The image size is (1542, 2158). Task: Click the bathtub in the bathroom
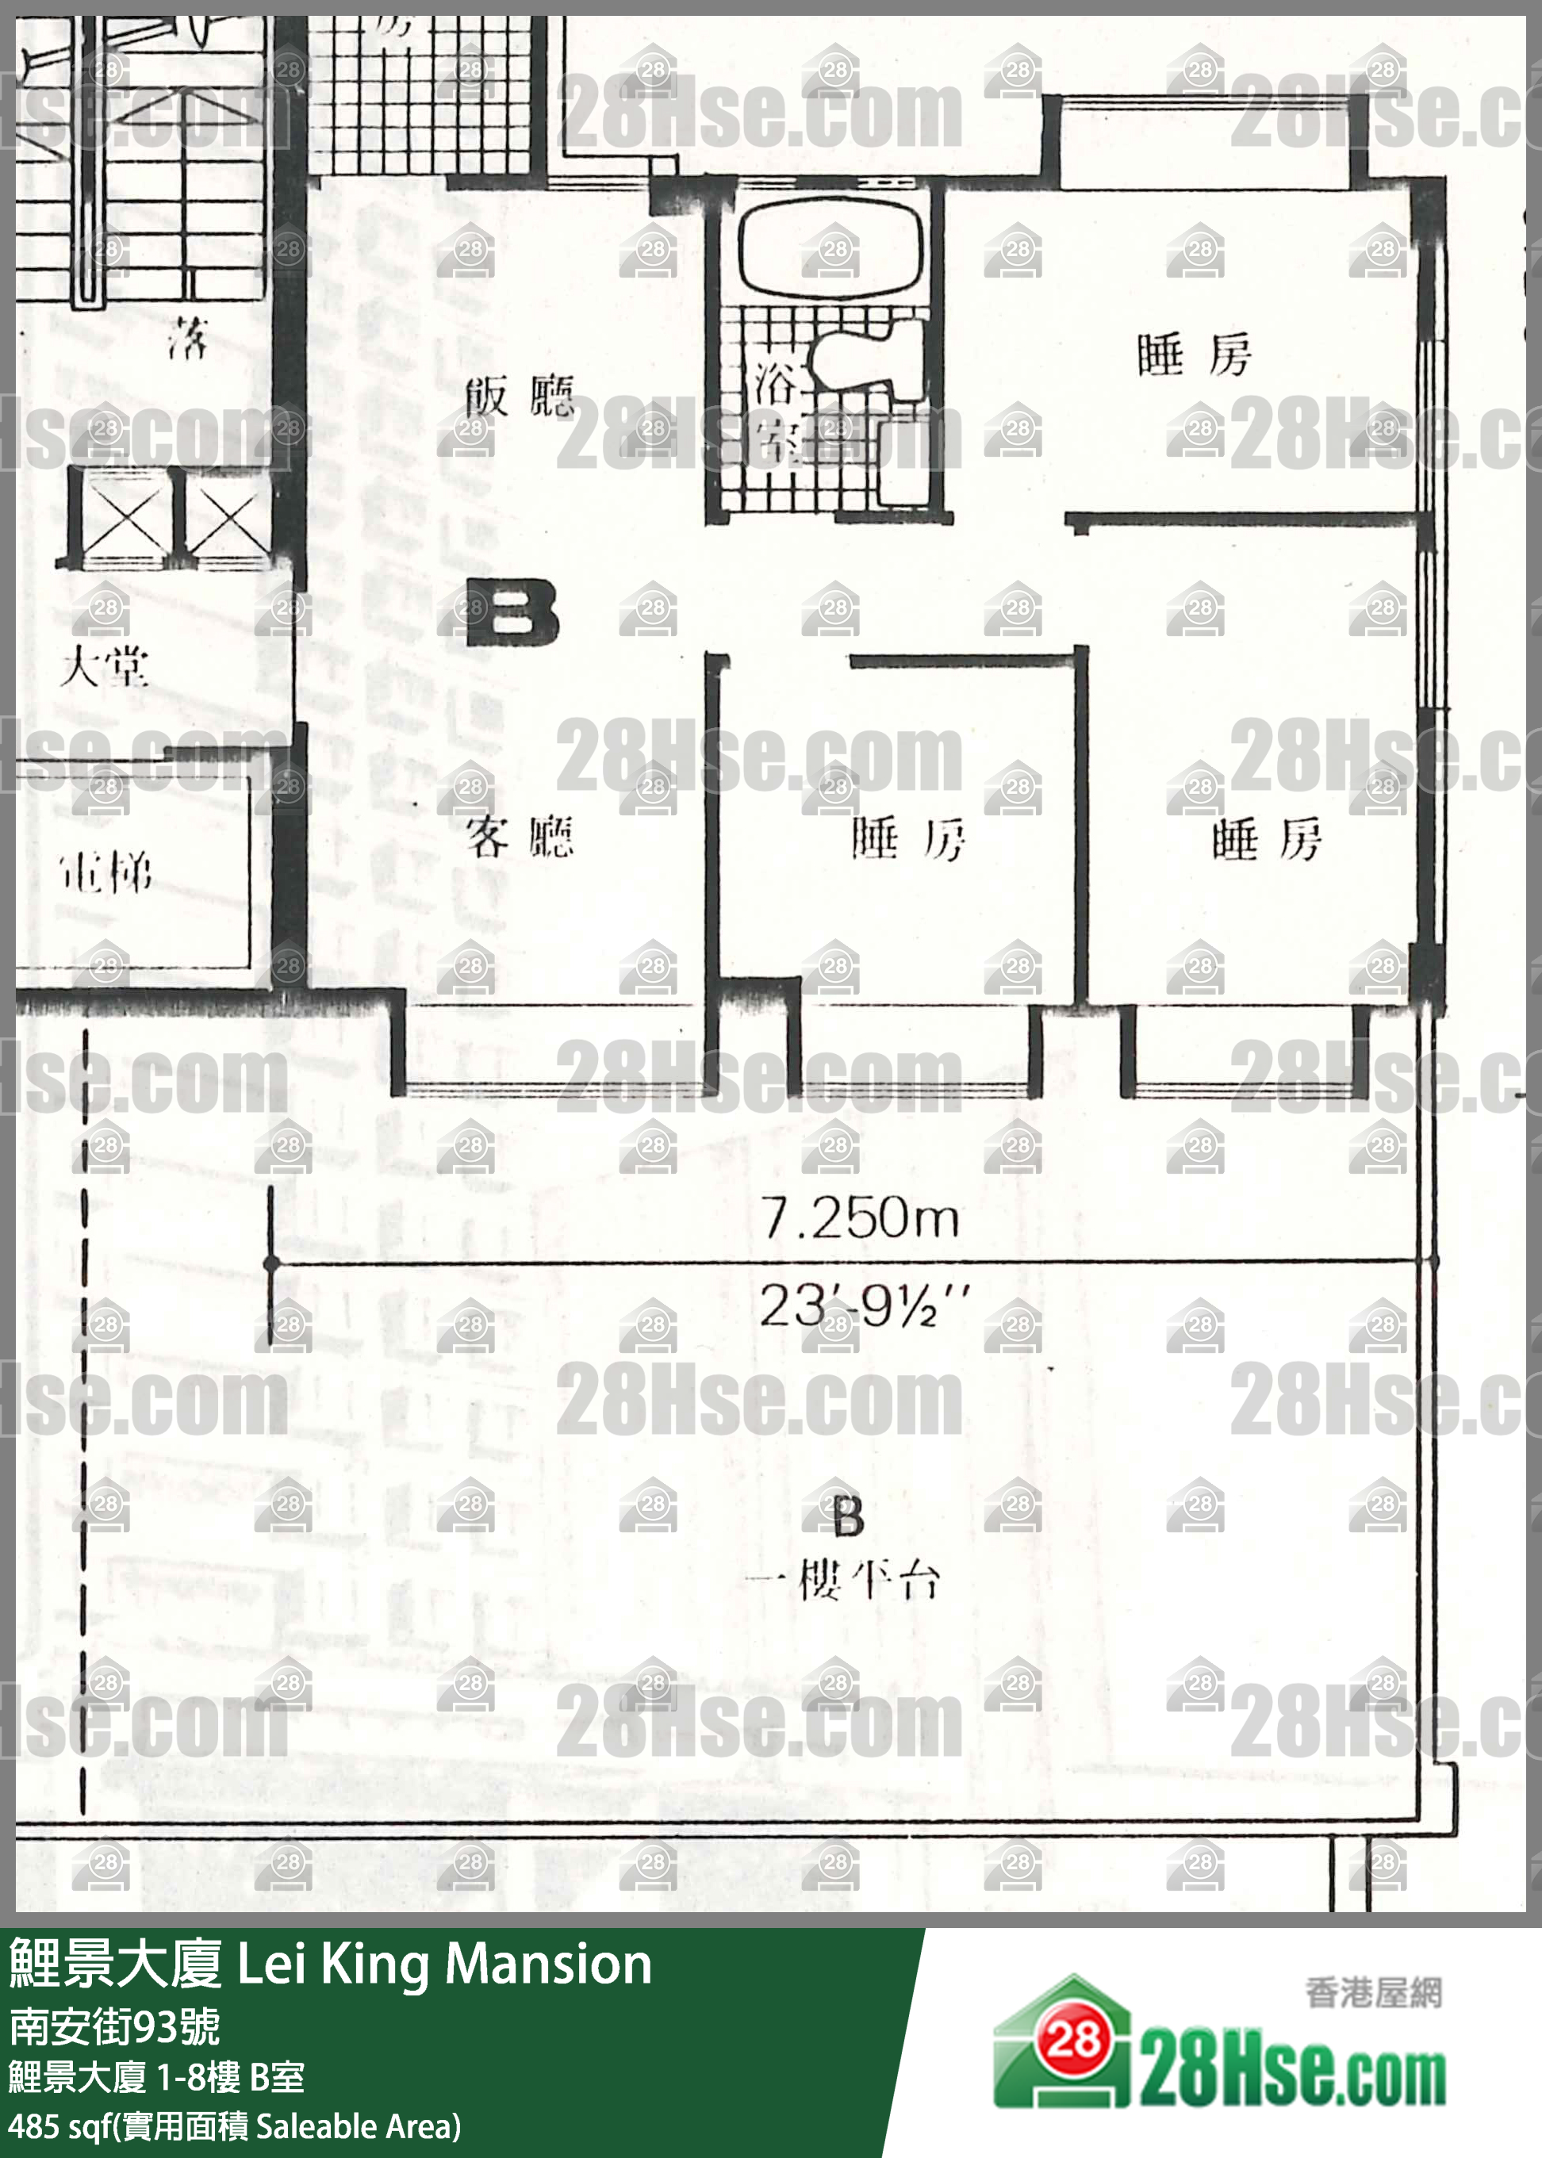click(x=830, y=250)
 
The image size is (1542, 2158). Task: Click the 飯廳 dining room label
click(x=520, y=396)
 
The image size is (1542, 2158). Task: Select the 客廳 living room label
click(x=520, y=838)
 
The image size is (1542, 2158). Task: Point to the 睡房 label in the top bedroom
click(x=1194, y=355)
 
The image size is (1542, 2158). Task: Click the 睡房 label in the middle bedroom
click(x=907, y=839)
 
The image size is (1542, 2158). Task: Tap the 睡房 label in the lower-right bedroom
click(x=1266, y=839)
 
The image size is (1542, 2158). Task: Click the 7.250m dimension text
click(x=859, y=1218)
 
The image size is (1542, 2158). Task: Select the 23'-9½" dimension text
click(x=863, y=1306)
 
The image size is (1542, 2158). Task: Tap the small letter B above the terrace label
click(x=848, y=1516)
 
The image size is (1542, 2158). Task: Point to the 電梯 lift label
click(x=105, y=872)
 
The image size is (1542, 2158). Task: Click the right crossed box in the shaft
click(x=227, y=519)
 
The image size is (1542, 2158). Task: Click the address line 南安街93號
click(x=114, y=2027)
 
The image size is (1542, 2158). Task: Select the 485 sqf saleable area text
click(x=233, y=2125)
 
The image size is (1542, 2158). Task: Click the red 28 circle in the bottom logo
click(x=1074, y=2038)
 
